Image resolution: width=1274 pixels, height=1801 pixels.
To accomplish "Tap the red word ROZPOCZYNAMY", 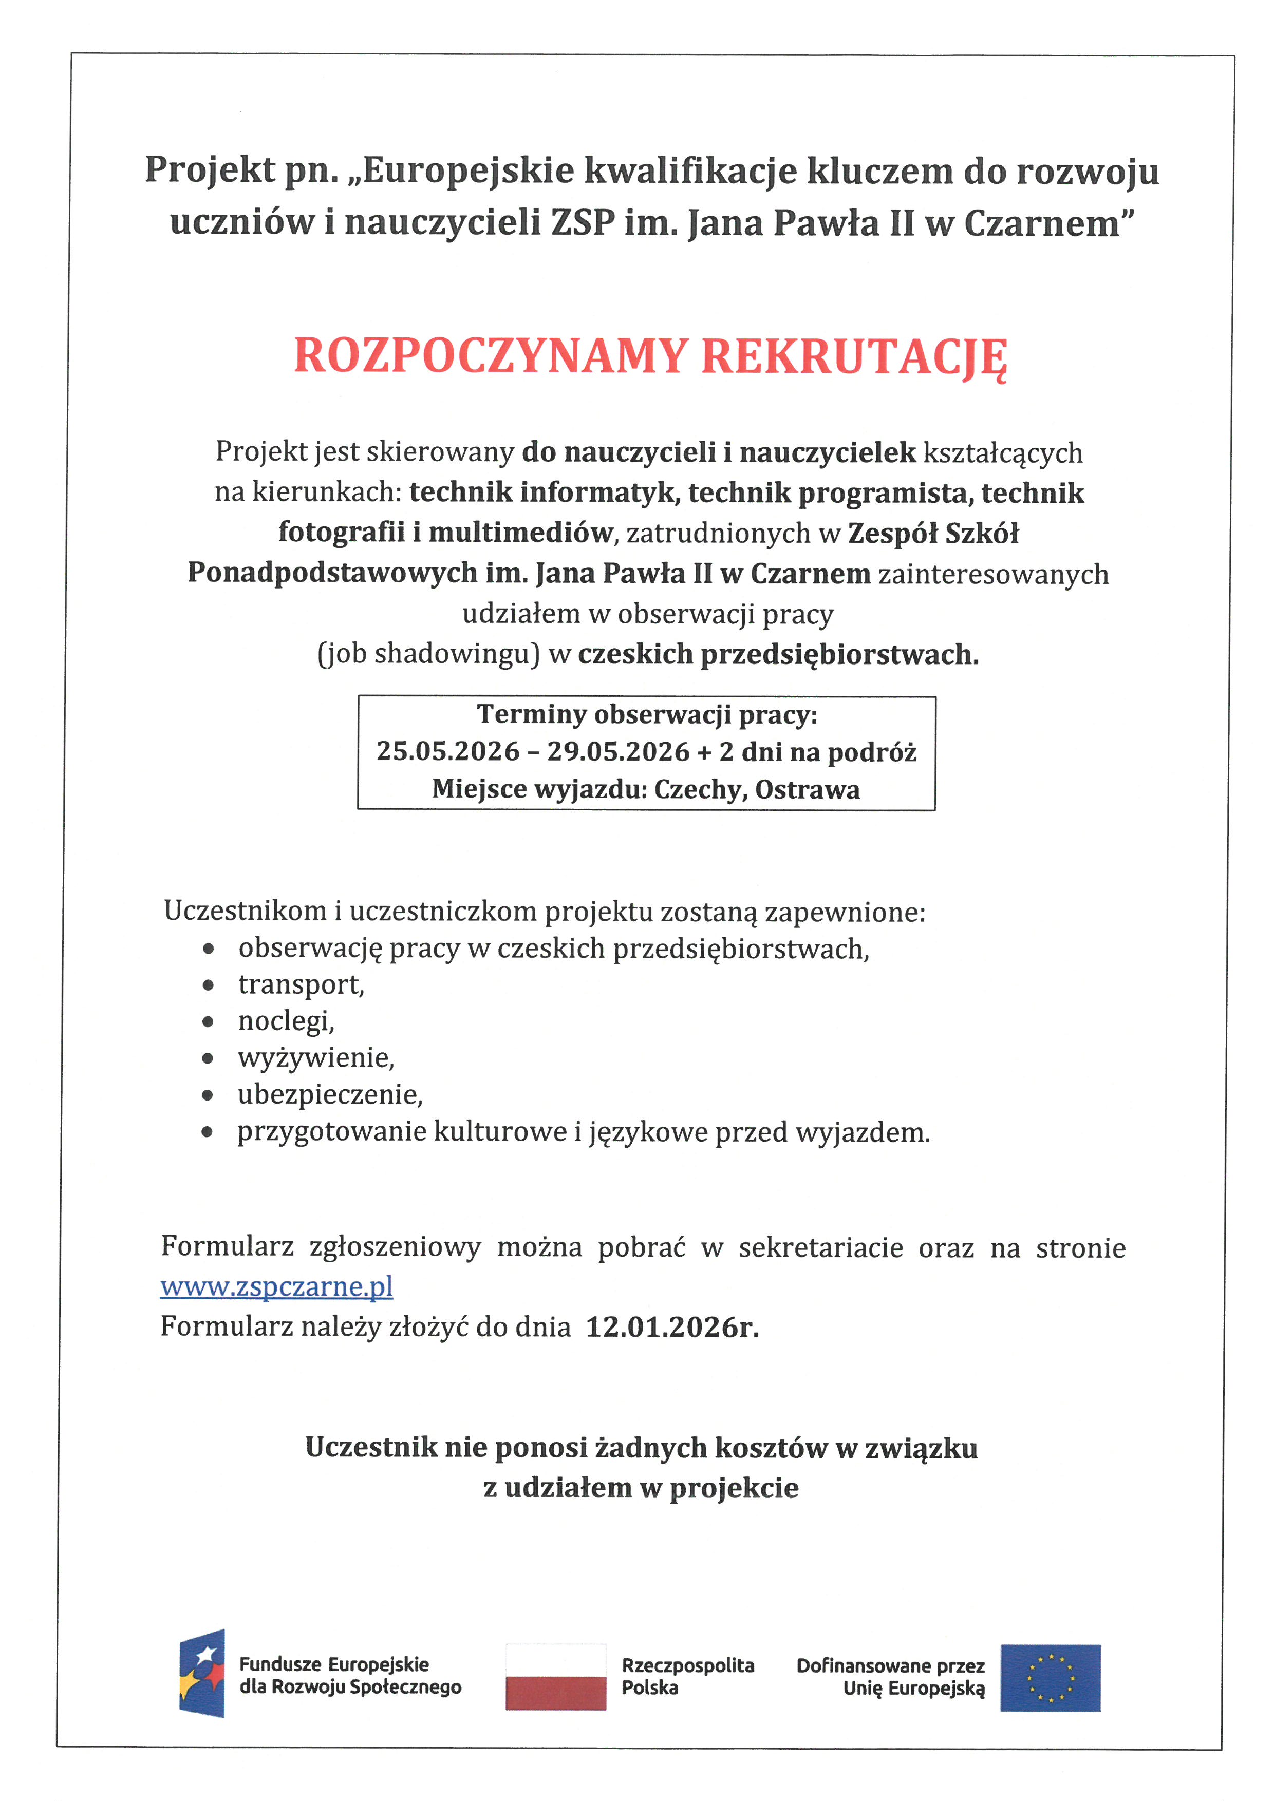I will tap(491, 357).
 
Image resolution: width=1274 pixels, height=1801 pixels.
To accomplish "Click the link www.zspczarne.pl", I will tap(276, 1287).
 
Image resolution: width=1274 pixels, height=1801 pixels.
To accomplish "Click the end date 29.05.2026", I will tap(618, 751).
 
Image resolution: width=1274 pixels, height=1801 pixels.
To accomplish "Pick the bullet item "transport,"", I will tap(301, 984).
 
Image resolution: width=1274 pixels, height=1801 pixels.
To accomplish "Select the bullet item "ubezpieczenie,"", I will tap(330, 1094).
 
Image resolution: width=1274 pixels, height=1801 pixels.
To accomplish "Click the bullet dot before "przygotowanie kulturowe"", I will tap(207, 1132).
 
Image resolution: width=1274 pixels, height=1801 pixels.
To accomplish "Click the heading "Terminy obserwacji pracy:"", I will tap(647, 714).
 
